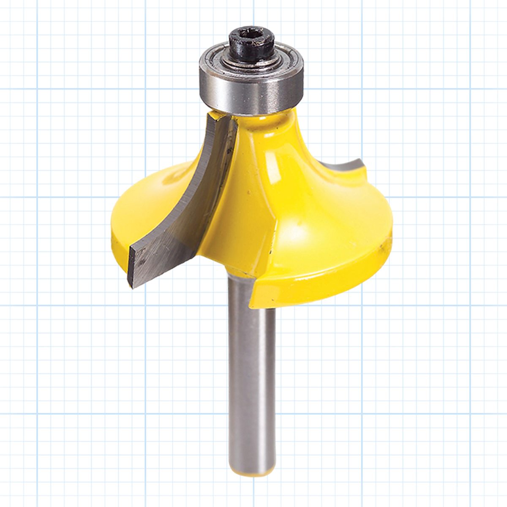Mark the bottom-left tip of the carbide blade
[132, 286]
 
